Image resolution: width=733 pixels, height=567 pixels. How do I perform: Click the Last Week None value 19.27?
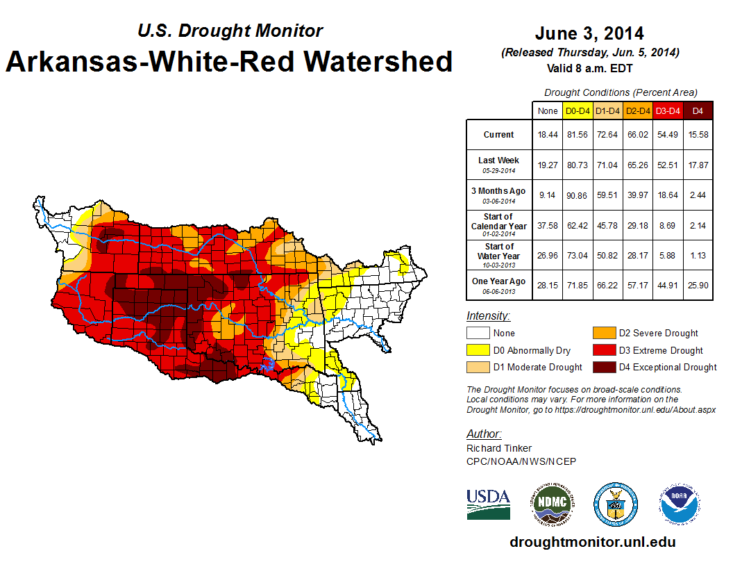tap(547, 165)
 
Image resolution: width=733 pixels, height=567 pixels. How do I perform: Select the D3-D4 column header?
tap(668, 110)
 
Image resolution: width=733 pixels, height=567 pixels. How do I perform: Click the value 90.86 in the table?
tap(578, 195)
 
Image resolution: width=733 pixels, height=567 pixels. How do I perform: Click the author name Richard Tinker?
tap(499, 448)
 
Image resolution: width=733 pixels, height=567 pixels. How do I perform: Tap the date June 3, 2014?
tap(589, 33)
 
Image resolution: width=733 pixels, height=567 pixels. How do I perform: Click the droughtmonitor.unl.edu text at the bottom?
tap(592, 542)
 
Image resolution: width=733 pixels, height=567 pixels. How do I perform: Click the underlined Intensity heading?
tap(488, 316)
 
